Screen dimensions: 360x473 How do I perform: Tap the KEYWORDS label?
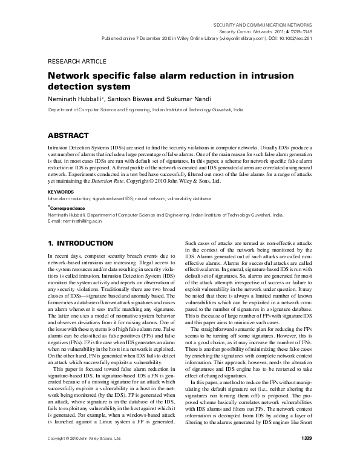point(61,192)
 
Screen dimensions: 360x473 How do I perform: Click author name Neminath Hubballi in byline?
point(73,99)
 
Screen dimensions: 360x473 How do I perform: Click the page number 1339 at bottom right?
point(306,455)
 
